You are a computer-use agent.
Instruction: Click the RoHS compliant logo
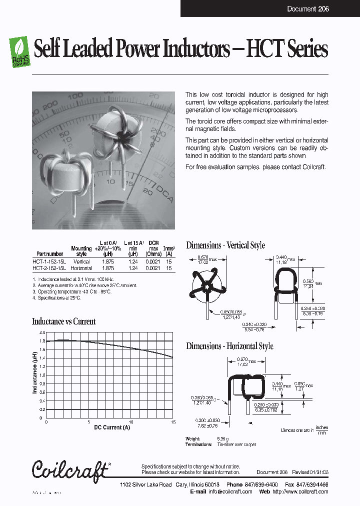point(20,51)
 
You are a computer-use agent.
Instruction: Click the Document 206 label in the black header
point(308,9)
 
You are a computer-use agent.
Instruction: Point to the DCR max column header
point(153,248)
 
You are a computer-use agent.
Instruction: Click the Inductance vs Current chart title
point(63,321)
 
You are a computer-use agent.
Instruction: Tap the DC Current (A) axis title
point(112,427)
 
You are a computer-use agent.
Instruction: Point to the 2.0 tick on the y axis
point(42,332)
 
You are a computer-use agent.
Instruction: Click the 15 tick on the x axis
point(172,422)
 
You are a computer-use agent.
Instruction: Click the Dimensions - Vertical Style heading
point(225,245)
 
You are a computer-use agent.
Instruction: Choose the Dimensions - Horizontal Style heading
point(229,346)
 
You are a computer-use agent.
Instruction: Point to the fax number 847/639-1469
point(311,485)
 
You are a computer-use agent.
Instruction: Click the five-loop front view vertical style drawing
point(206,288)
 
